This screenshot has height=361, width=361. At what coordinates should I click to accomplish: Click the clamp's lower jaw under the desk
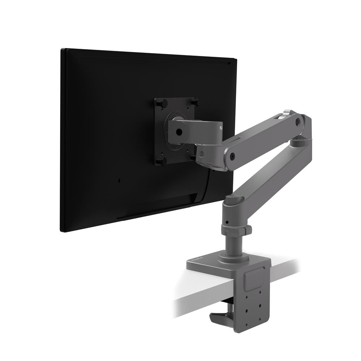tap(220, 318)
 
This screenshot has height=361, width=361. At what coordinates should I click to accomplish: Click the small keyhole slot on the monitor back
tap(120, 180)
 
